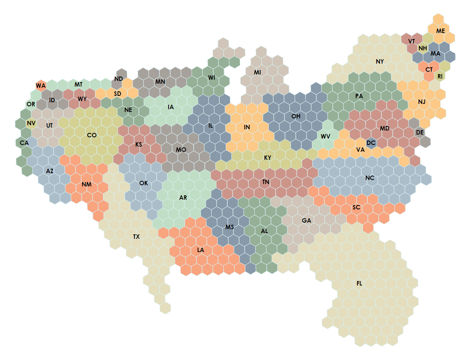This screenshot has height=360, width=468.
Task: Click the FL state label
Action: [x=359, y=283]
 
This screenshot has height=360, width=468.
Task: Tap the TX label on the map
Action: [x=136, y=236]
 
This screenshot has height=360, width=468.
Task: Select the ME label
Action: [x=441, y=31]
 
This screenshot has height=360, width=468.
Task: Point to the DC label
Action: [x=371, y=143]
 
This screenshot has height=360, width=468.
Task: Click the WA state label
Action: [x=41, y=85]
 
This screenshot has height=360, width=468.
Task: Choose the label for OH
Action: [x=296, y=116]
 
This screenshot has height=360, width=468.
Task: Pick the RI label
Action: [x=440, y=76]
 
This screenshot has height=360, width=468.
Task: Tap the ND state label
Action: [x=118, y=79]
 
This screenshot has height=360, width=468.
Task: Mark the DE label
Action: [x=420, y=132]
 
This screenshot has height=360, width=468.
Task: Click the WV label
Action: [x=326, y=136]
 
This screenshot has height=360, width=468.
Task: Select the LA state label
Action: [x=201, y=250]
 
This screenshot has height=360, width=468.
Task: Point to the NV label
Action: [x=31, y=123]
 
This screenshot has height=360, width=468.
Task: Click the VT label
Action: [x=411, y=41]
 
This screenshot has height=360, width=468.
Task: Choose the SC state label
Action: [x=356, y=207]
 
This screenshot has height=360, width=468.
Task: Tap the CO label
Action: [x=92, y=135]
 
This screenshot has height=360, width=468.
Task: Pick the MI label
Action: [x=258, y=72]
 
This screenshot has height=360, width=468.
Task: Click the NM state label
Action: [x=87, y=184]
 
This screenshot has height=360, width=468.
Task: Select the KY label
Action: [x=268, y=157]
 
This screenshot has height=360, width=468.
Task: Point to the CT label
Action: [x=429, y=69]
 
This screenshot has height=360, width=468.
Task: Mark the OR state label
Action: [x=31, y=104]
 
